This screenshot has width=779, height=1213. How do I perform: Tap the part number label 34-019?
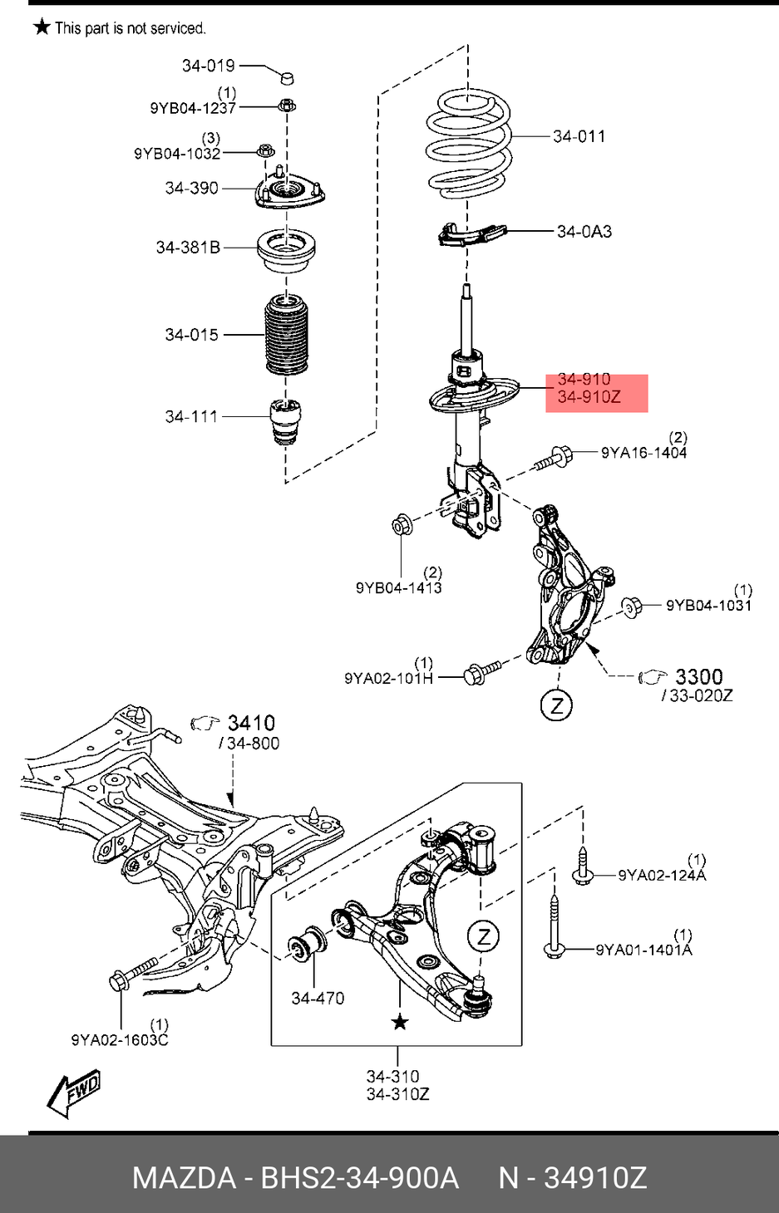pos(208,66)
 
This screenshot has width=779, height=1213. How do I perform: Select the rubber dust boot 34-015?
pos(287,334)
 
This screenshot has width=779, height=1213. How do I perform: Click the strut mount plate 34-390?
pos(290,191)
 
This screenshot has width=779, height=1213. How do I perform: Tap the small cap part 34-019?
pos(287,77)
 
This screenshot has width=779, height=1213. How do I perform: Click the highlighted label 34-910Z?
pos(589,397)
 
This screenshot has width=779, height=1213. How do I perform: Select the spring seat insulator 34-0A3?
pos(471,234)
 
